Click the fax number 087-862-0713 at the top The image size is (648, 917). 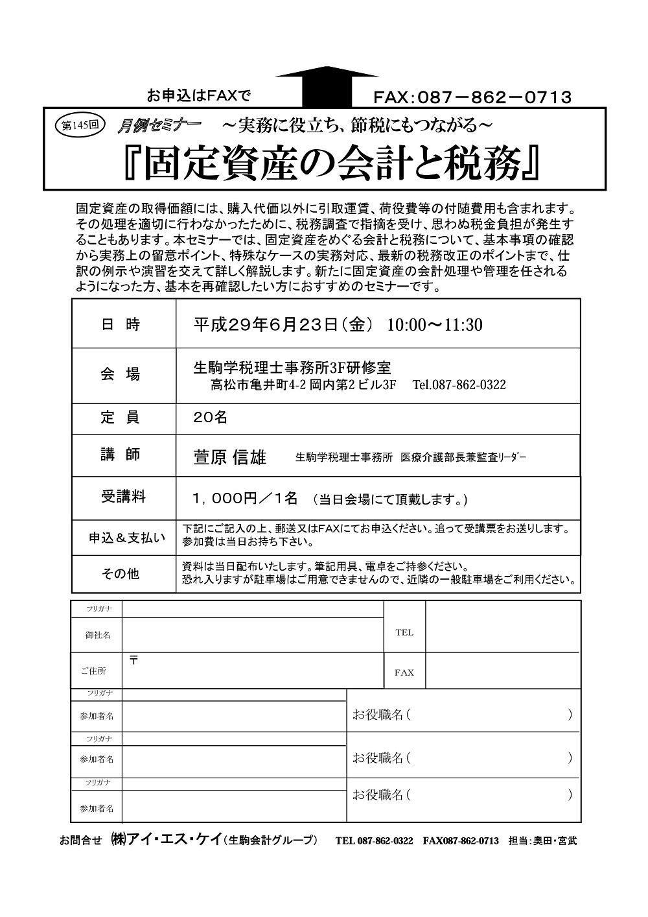[x=472, y=97]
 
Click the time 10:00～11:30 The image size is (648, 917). [x=435, y=325]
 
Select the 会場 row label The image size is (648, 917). [x=121, y=374]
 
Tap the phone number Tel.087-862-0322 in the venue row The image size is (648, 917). [x=459, y=385]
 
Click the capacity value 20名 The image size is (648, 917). [x=211, y=418]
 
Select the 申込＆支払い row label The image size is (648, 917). [x=127, y=538]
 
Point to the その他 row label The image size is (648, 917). [x=121, y=574]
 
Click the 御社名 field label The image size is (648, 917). [x=97, y=636]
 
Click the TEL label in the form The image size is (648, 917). [x=404, y=632]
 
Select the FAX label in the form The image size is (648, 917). [x=404, y=673]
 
